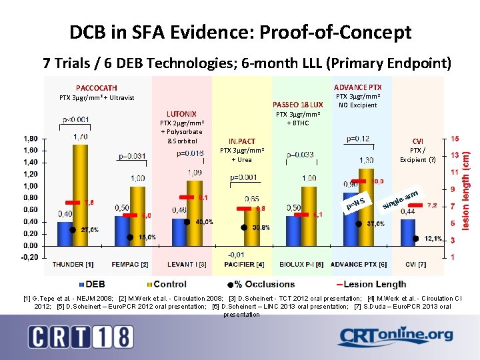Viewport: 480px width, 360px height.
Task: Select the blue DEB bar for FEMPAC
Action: [x=121, y=231]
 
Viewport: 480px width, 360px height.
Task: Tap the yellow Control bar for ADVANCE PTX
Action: [x=366, y=207]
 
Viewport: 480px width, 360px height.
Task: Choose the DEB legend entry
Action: [x=91, y=285]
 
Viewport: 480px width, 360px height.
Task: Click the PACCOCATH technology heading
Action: [x=97, y=88]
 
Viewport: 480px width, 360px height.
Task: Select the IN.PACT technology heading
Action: [x=241, y=141]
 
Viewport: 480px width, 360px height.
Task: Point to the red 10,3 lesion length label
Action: [x=377, y=181]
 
